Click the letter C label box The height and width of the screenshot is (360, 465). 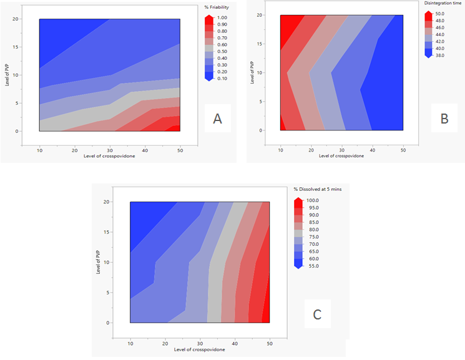coord(317,314)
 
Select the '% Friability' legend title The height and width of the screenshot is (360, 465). coord(217,7)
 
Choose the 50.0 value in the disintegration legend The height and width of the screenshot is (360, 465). coord(439,14)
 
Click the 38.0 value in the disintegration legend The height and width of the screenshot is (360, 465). coord(439,55)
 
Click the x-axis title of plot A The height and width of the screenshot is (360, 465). coord(110,156)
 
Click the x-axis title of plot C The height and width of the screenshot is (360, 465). coord(200,349)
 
